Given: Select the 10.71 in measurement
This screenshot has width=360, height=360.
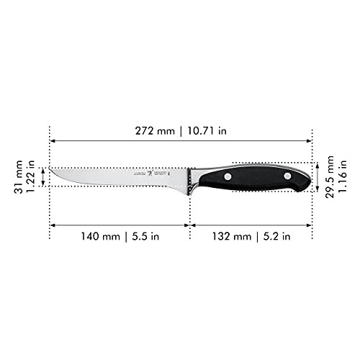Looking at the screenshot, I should point(209,130).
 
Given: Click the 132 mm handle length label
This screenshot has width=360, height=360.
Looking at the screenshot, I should point(230,235).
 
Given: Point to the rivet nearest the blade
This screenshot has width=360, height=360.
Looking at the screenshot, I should point(228,176).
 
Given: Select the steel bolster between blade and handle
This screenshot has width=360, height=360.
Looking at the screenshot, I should point(193,178).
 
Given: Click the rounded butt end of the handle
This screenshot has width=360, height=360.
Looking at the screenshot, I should point(310,177).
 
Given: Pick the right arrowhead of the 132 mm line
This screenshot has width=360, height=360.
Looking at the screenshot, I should point(310,225).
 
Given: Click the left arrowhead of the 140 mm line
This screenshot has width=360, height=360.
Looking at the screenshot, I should point(52,225).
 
